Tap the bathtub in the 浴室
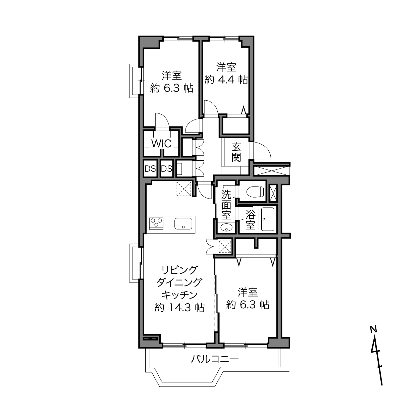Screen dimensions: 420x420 [267, 219]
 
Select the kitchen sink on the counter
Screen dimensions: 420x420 [183, 224]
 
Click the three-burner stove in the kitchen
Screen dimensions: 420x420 [156, 223]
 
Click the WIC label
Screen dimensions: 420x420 [161, 144]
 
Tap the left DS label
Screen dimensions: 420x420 [150, 169]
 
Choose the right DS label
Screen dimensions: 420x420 [167, 169]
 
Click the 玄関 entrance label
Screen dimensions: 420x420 [236, 152]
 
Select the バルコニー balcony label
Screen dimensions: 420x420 [215, 359]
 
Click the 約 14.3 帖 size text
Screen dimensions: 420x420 [179, 308]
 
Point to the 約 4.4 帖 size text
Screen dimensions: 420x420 [226, 80]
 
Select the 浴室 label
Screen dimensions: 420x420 [251, 220]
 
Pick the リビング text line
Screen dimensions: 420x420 [179, 270]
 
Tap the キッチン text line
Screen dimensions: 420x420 [179, 295]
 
